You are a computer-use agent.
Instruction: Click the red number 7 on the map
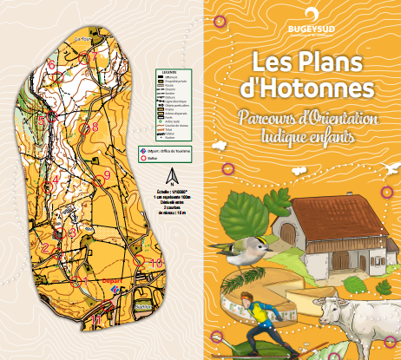(94, 59)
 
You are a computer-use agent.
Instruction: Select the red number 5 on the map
(41, 119)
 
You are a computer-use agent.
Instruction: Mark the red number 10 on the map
(155, 261)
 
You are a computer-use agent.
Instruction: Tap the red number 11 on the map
(97, 319)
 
